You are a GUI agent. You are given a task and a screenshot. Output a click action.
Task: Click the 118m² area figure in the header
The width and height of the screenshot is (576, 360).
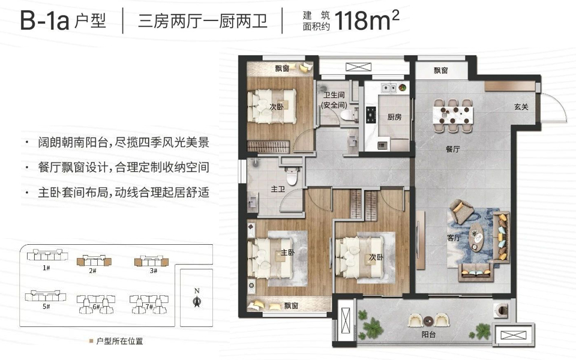(367, 20)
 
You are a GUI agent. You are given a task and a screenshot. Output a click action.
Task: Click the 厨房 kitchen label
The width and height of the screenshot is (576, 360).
(394, 117)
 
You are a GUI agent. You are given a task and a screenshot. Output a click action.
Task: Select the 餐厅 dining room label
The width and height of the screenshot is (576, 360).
(452, 149)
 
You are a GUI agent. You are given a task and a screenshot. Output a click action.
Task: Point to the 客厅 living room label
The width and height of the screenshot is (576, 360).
(454, 238)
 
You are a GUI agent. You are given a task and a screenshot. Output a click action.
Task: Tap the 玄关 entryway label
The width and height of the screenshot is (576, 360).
(521, 107)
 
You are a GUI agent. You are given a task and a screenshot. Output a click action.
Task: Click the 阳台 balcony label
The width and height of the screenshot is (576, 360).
(428, 335)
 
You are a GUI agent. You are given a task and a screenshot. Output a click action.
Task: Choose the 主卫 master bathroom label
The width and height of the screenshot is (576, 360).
(278, 189)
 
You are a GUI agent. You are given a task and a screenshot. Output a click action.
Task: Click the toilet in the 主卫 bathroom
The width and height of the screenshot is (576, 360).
(292, 176)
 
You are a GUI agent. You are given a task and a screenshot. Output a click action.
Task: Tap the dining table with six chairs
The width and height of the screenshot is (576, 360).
(453, 115)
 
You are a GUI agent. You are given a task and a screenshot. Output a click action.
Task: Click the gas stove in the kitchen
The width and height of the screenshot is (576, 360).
(370, 115)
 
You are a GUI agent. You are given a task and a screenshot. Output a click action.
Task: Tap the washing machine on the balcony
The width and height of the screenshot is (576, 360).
(501, 310)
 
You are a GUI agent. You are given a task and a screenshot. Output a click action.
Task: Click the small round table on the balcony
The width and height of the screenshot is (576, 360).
(428, 320)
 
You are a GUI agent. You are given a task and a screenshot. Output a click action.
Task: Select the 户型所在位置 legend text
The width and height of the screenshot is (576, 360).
(119, 341)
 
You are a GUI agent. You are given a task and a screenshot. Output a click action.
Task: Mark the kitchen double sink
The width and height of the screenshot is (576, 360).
(389, 88)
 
